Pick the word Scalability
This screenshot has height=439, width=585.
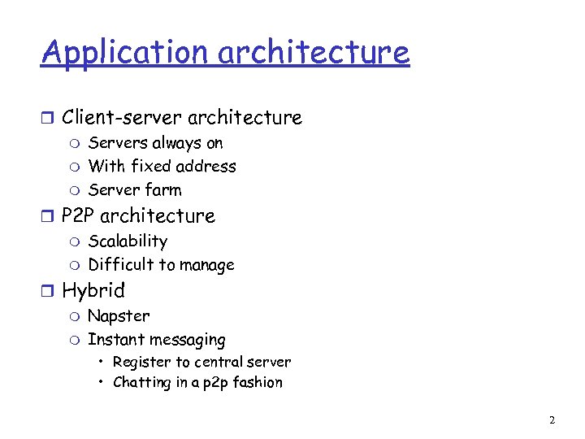coord(128,241)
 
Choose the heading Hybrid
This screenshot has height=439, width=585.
coord(93,291)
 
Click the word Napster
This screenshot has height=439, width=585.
coord(119,316)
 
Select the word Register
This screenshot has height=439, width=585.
coord(139,363)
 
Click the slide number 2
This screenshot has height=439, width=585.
coord(552,420)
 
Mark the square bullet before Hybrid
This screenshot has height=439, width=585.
coord(47,291)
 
